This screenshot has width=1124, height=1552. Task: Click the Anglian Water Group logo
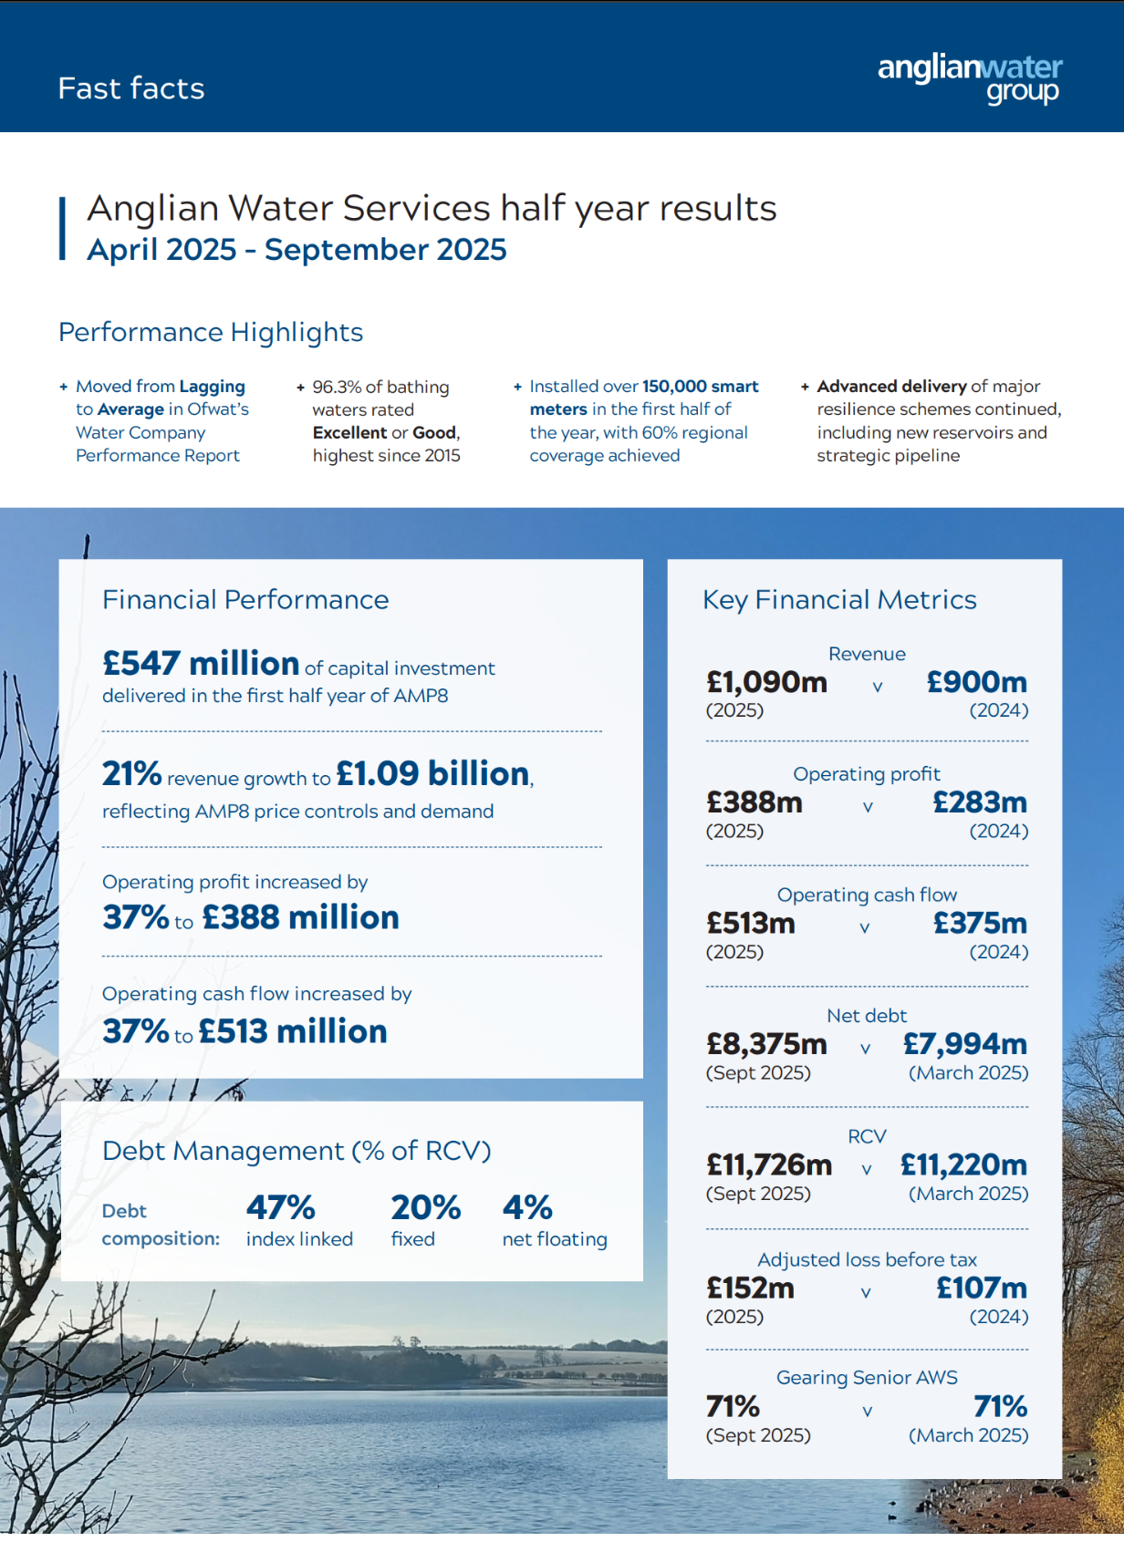click(970, 78)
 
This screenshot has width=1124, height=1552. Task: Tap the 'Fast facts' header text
click(131, 88)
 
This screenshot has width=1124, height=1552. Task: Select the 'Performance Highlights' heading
click(211, 332)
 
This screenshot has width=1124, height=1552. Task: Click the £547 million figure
click(201, 663)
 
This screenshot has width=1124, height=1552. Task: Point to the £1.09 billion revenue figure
click(433, 773)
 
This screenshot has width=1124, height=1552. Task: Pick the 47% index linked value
click(281, 1207)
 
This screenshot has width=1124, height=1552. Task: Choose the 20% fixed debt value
click(426, 1207)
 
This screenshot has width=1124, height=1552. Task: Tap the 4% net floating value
click(527, 1207)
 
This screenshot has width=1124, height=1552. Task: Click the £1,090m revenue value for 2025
click(766, 682)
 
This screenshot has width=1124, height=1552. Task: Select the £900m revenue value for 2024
click(976, 682)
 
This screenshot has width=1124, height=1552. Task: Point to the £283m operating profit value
click(980, 802)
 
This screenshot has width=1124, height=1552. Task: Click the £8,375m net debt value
click(766, 1044)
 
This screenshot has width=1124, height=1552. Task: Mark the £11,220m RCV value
click(963, 1164)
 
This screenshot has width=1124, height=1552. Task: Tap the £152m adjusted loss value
click(750, 1288)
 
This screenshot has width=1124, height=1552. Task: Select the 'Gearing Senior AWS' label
click(867, 1377)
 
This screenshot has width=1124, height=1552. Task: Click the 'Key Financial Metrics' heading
click(839, 600)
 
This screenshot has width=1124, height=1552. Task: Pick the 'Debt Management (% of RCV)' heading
click(297, 1151)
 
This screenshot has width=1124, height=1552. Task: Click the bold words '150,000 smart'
click(701, 387)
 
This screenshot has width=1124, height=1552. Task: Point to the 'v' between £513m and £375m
click(865, 927)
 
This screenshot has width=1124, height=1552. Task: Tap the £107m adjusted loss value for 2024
click(982, 1288)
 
